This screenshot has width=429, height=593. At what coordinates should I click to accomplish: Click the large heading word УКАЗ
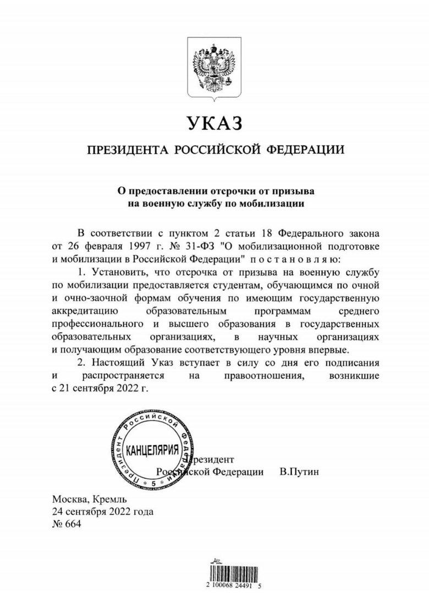pyautogui.click(x=214, y=124)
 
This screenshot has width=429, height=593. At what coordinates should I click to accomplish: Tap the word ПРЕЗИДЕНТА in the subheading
pyautogui.click(x=125, y=150)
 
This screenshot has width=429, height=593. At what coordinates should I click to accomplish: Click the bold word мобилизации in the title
pyautogui.click(x=272, y=203)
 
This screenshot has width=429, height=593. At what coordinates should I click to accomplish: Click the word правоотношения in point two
pyautogui.click(x=263, y=376)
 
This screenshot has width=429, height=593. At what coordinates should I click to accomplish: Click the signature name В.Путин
pyautogui.click(x=299, y=472)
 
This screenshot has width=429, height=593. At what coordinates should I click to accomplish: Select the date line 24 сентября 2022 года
pyautogui.click(x=102, y=512)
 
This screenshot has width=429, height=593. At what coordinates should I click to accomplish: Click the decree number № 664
pyautogui.click(x=66, y=524)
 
